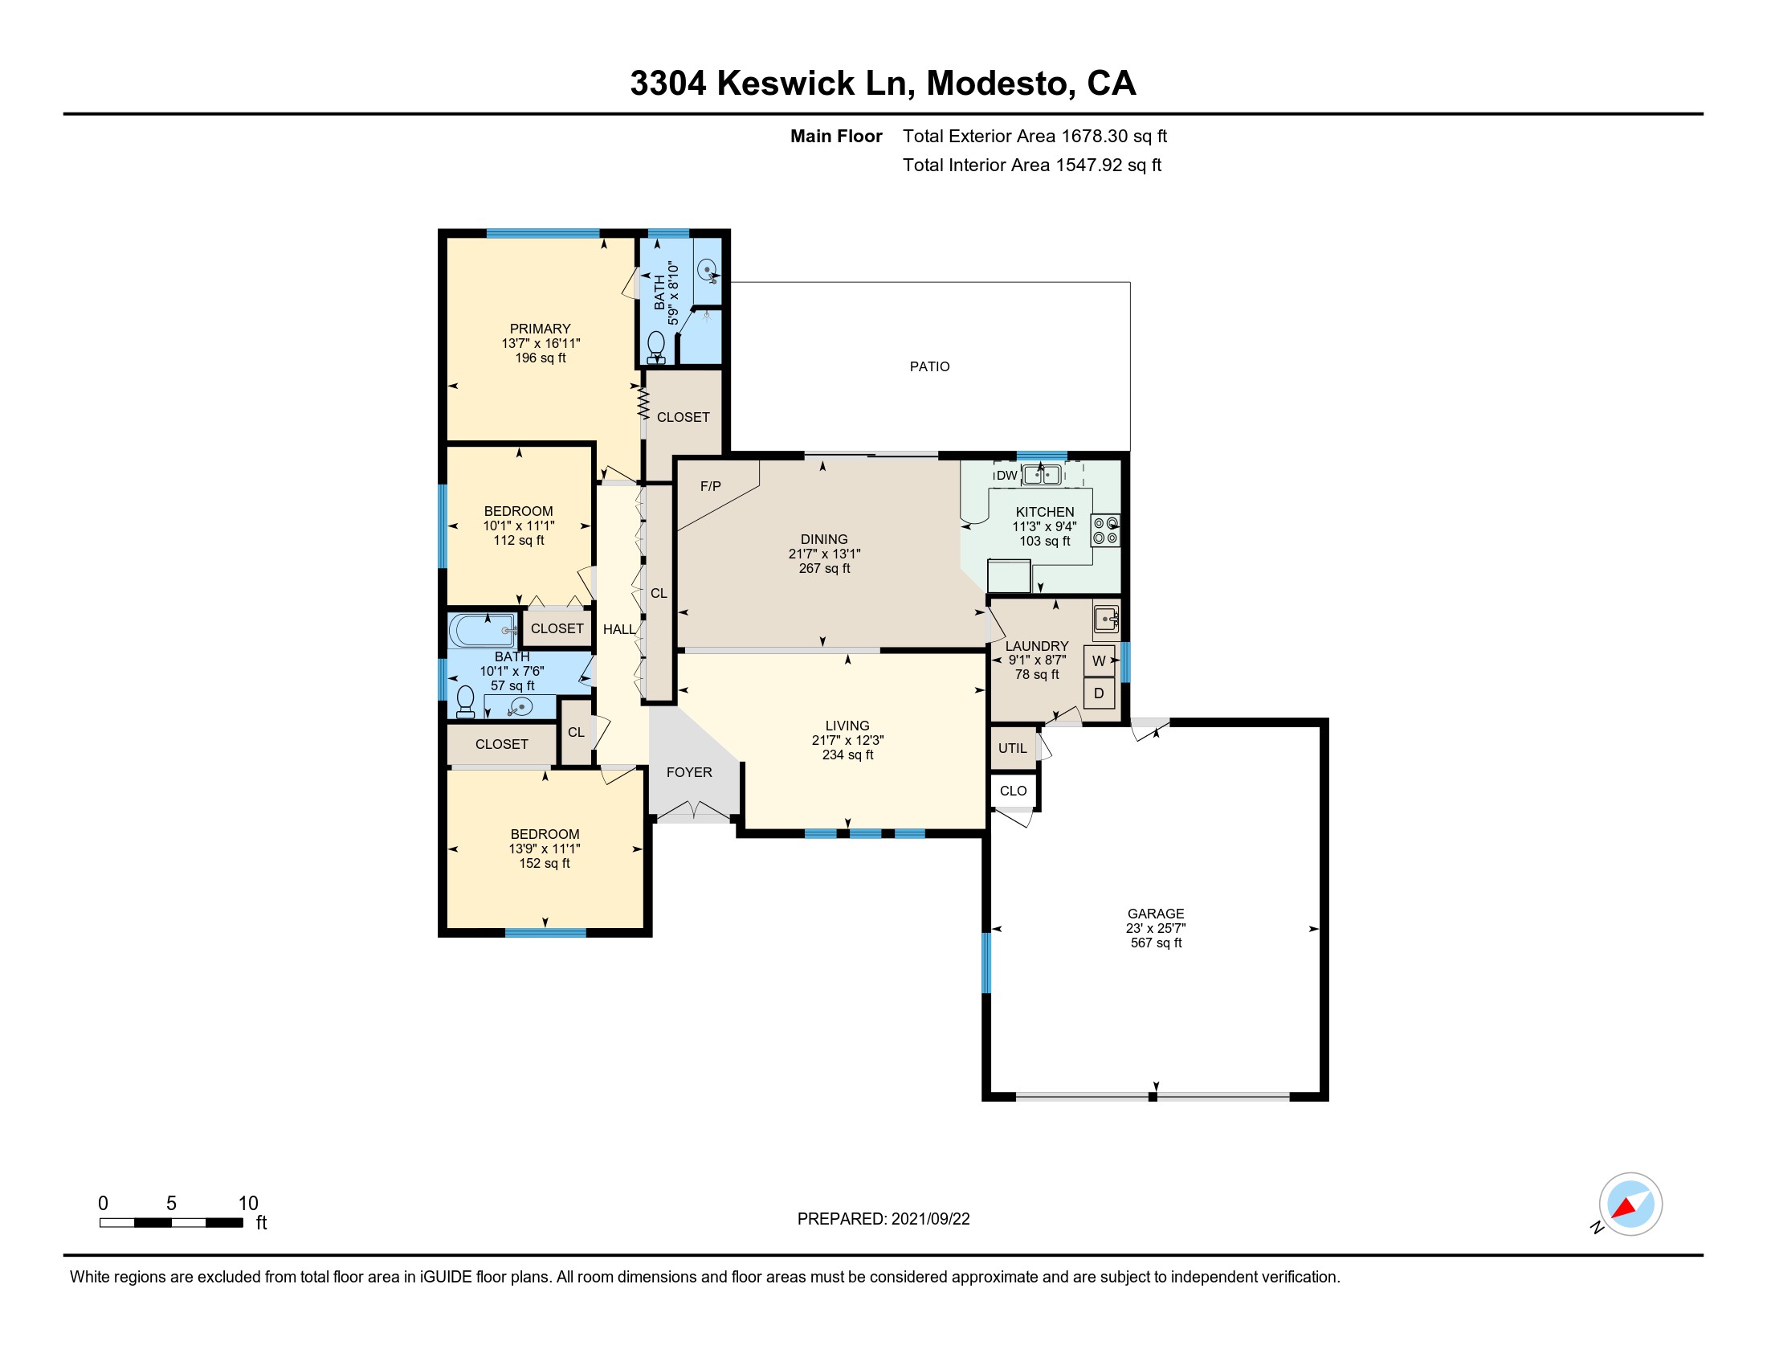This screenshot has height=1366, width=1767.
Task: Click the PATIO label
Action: coord(929,366)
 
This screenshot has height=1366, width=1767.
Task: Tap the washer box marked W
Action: coord(1099,661)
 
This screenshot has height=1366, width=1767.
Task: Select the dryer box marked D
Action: coord(1099,693)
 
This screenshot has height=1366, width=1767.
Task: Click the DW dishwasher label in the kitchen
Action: coord(1006,476)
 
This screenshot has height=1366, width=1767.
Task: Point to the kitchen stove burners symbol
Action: coord(1106,530)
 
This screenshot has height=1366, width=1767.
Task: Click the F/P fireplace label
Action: coord(710,486)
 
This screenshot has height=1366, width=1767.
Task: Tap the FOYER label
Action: coord(689,772)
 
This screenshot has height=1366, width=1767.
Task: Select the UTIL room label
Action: coord(1012,748)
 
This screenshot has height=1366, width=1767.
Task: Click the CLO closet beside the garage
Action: coord(1013,791)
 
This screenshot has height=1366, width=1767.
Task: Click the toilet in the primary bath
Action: coord(656,348)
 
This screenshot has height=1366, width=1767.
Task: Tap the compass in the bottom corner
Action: coord(1630,1205)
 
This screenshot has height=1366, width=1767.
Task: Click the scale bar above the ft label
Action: coord(171,1223)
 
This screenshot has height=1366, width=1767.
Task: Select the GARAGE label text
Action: coord(1156,914)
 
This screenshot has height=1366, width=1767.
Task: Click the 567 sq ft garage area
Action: coord(1156,943)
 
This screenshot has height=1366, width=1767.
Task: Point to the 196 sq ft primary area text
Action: coord(541,358)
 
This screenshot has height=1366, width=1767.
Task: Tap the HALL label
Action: coord(619,630)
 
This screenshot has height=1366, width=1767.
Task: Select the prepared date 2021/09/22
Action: coord(930,1219)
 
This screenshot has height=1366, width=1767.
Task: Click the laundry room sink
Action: coord(1106,619)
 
